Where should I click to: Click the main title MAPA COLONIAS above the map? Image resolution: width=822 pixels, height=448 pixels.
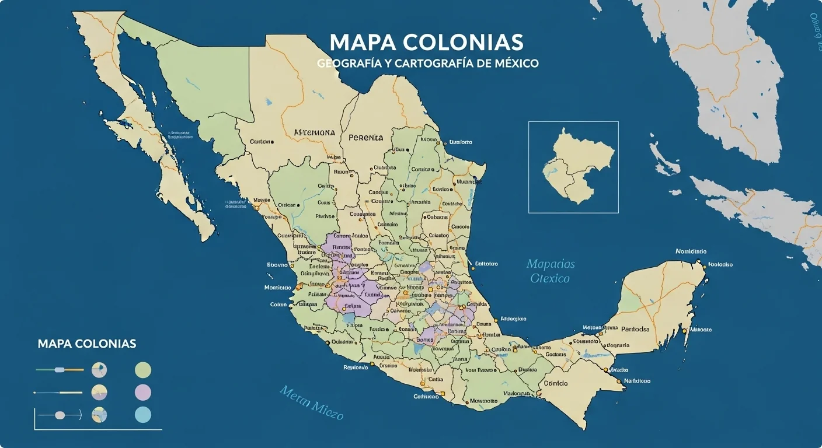click(426, 42)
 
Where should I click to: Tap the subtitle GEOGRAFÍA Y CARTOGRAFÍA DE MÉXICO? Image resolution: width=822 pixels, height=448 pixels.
click(427, 63)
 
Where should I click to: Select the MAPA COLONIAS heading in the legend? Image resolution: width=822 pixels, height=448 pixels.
click(87, 344)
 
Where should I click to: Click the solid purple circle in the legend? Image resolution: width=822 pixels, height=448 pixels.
click(143, 392)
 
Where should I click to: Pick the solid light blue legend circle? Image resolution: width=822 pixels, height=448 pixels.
click(143, 415)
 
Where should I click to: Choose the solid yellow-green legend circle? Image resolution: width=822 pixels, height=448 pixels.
click(143, 370)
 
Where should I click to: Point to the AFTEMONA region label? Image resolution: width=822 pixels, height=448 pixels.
click(314, 132)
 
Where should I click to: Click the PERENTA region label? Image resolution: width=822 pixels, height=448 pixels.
click(366, 138)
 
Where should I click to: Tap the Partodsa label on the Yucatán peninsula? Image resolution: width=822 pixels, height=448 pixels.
click(635, 329)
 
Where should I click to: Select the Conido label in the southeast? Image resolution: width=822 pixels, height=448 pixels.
click(555, 383)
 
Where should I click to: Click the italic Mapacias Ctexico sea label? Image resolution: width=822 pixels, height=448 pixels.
click(550, 271)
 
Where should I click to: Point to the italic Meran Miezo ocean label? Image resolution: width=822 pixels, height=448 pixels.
click(311, 402)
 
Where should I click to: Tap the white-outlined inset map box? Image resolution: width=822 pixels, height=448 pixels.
click(573, 167)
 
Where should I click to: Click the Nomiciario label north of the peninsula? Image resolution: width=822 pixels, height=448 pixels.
click(691, 251)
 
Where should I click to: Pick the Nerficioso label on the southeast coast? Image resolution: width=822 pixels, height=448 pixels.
click(637, 381)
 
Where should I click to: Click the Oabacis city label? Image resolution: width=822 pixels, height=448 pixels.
click(437, 216)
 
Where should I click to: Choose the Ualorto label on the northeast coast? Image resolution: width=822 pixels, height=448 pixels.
click(460, 142)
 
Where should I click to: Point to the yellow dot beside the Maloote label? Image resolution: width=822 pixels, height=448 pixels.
click(684, 330)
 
